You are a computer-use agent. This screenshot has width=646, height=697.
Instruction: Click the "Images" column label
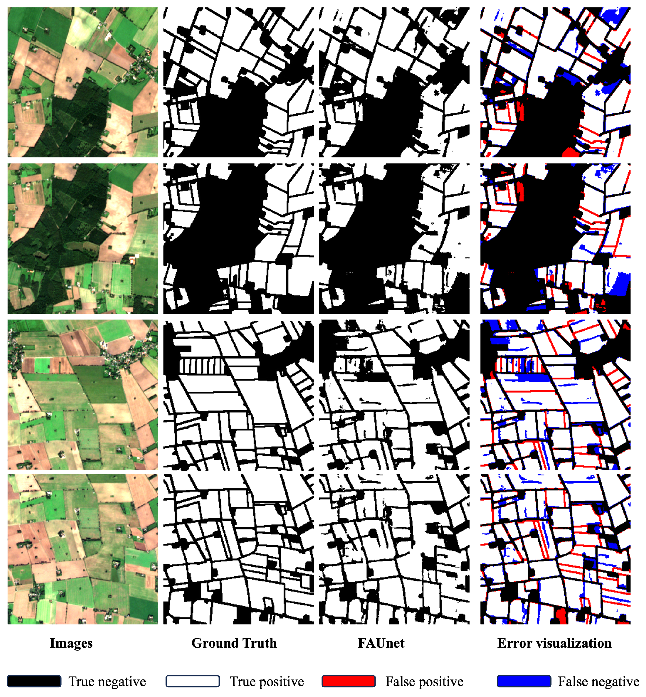point(71,643)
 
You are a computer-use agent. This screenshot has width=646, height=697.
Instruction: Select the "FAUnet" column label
point(381,643)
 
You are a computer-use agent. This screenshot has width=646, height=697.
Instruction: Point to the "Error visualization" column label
point(554,643)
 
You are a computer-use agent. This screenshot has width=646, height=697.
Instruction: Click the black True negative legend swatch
point(34,681)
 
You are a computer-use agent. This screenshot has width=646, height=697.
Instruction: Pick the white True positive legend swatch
point(193,681)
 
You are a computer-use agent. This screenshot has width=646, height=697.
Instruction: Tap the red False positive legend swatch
point(348,681)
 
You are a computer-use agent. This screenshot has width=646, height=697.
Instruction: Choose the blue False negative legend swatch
point(524,681)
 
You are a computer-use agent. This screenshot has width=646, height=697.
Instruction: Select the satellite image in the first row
point(83,82)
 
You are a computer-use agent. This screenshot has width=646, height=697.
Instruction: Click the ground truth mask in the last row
point(238,549)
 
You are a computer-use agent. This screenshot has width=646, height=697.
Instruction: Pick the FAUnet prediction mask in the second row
point(394,239)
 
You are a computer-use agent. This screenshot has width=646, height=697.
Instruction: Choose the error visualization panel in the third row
point(555,395)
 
